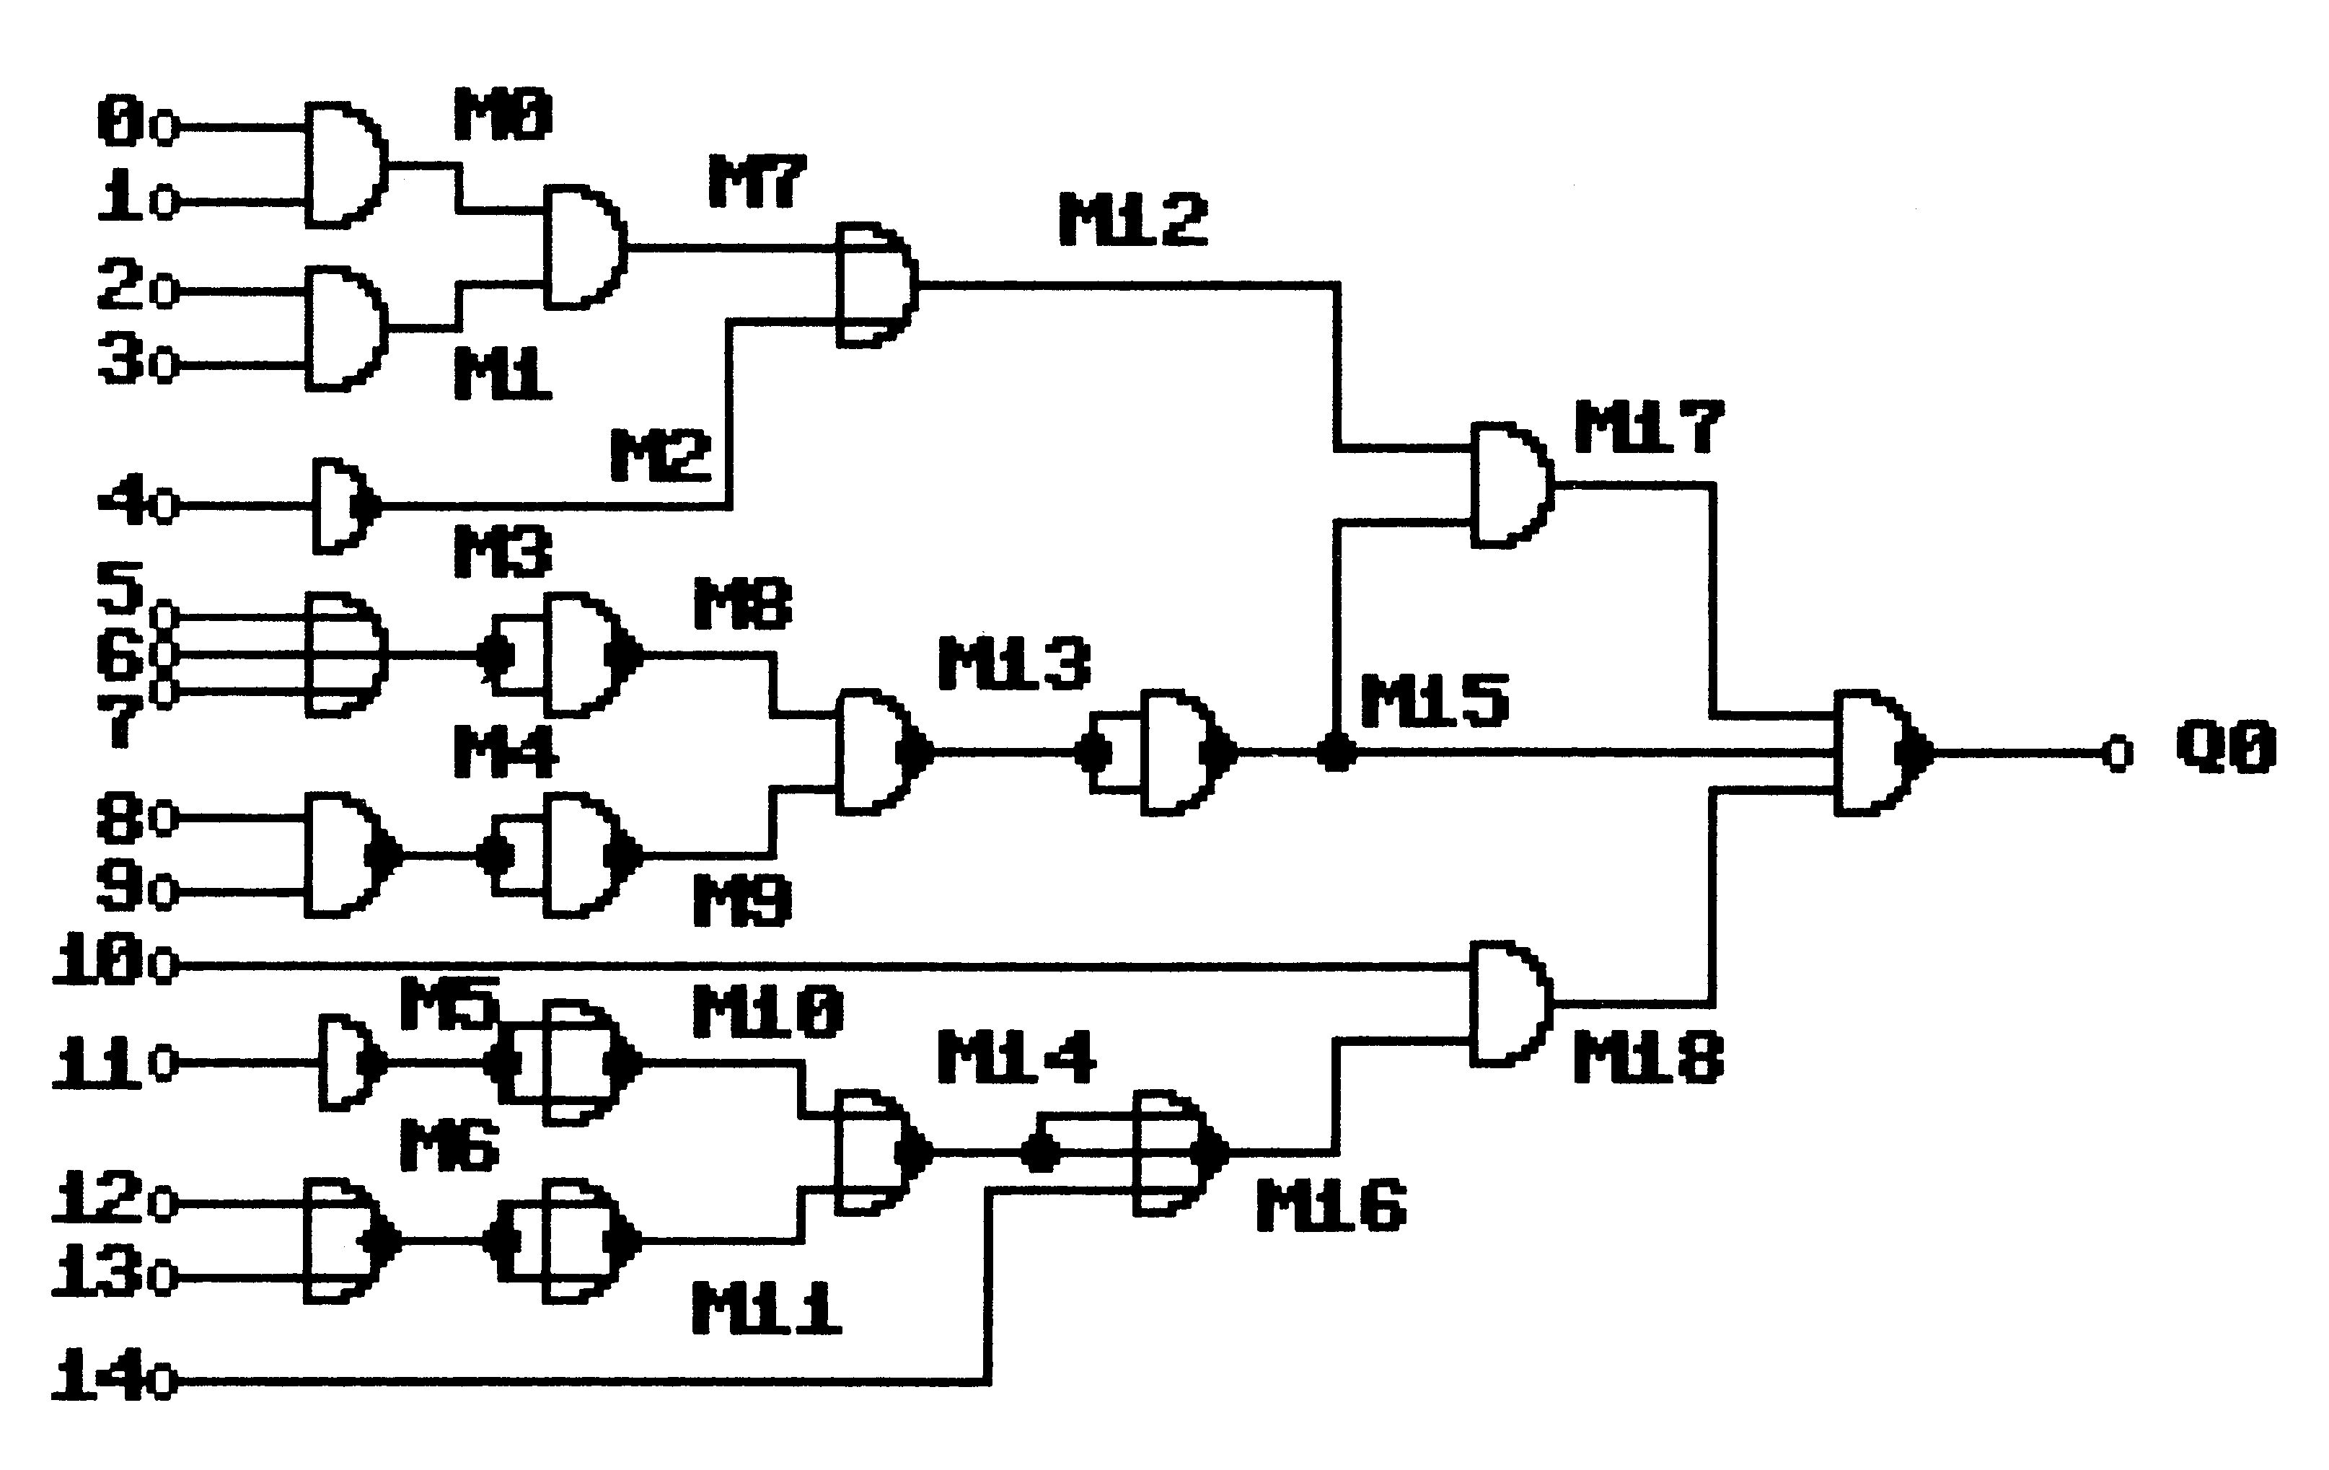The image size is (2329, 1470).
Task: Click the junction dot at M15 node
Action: click(x=1337, y=752)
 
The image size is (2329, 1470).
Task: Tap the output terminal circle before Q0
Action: click(x=2118, y=752)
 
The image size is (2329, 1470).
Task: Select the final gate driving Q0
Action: click(x=1883, y=752)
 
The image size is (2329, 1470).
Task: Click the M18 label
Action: click(x=1648, y=1056)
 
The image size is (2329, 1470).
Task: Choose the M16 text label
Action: click(x=1331, y=1205)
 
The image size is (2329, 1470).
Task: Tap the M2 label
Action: click(x=661, y=456)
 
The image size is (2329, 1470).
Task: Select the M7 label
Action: click(x=757, y=181)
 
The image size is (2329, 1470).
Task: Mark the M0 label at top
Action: click(x=503, y=114)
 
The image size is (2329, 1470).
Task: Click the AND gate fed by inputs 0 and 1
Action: click(x=346, y=164)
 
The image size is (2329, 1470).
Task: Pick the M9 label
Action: click(x=743, y=902)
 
